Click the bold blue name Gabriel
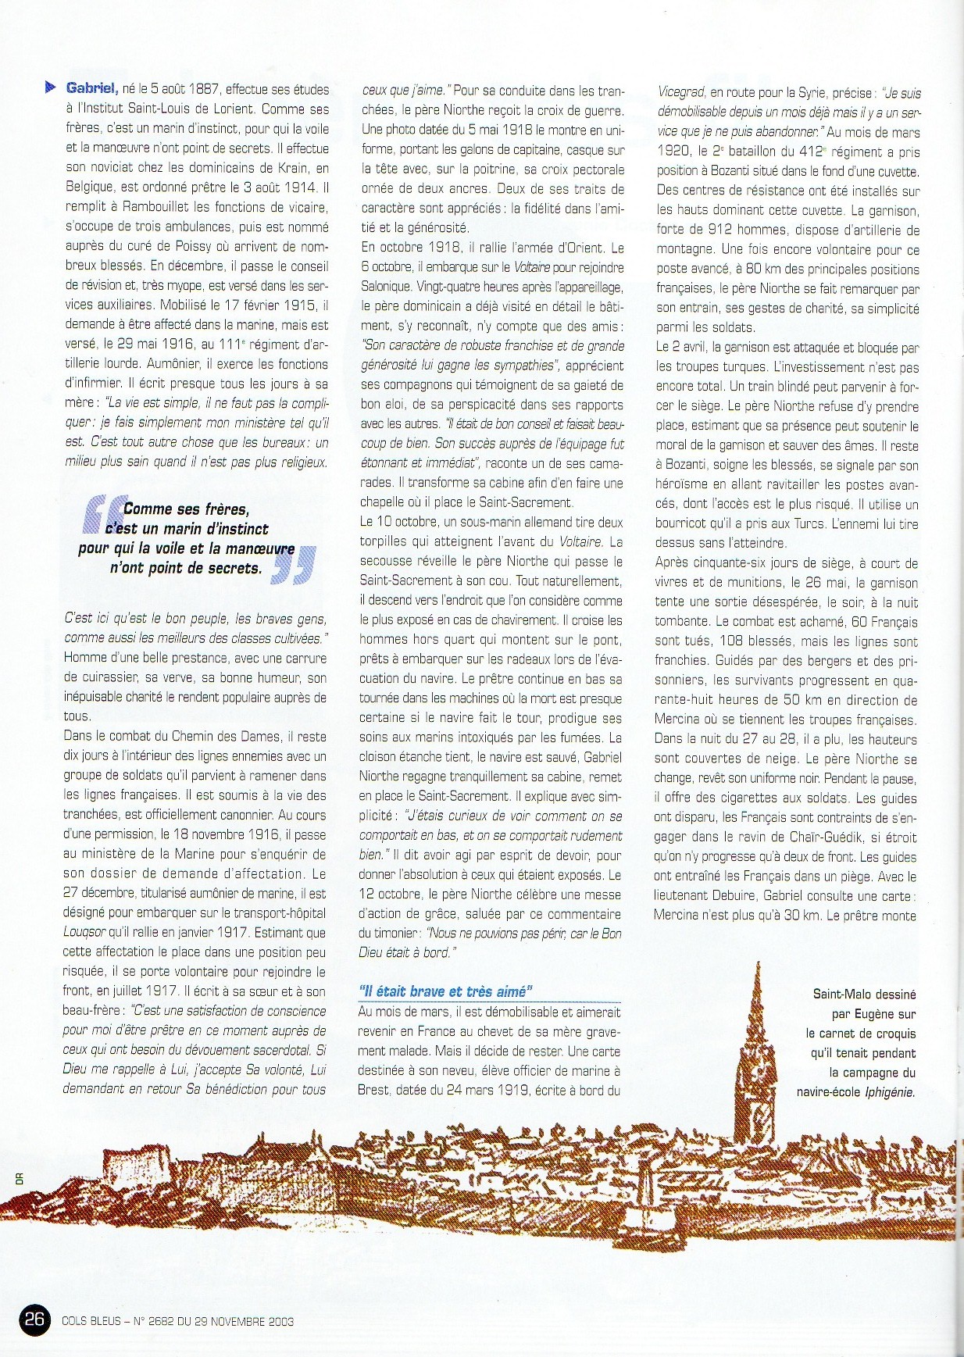pos(92,88)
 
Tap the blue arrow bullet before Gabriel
pos(52,87)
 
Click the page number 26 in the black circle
pos(34,1320)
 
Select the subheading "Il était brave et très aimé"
pos(445,991)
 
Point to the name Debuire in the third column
pos(734,896)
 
